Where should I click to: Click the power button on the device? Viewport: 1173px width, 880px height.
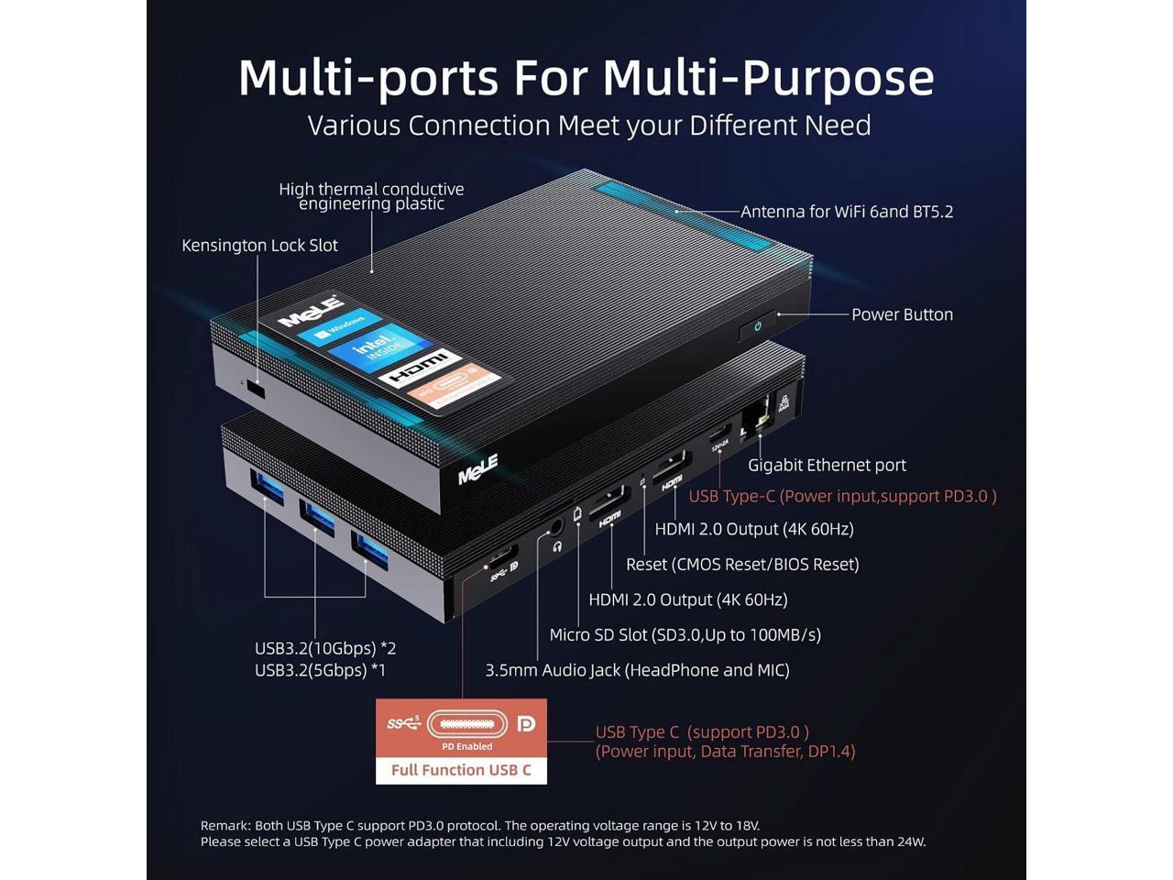(757, 326)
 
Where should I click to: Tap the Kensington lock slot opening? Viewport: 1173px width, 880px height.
(257, 390)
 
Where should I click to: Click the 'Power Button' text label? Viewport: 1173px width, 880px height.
(902, 314)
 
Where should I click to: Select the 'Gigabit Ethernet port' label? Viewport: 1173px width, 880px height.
(827, 465)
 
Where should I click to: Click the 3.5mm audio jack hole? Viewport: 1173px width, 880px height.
(554, 529)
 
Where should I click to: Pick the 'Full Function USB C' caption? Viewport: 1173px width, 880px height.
(461, 770)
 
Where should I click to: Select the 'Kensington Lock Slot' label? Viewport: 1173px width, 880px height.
(259, 246)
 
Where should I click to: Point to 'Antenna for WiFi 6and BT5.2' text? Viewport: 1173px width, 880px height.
(847, 212)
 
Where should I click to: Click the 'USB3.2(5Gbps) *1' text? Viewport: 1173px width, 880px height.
(320, 670)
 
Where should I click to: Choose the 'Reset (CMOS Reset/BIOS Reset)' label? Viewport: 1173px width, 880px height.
(742, 565)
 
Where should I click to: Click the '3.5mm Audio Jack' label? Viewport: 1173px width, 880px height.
(637, 670)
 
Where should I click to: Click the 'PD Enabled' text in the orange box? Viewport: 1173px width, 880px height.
(466, 746)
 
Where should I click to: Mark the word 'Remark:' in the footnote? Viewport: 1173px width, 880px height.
(225, 825)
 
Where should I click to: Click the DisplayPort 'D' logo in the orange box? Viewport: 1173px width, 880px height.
(525, 724)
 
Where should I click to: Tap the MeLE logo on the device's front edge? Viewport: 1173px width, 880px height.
(477, 469)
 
